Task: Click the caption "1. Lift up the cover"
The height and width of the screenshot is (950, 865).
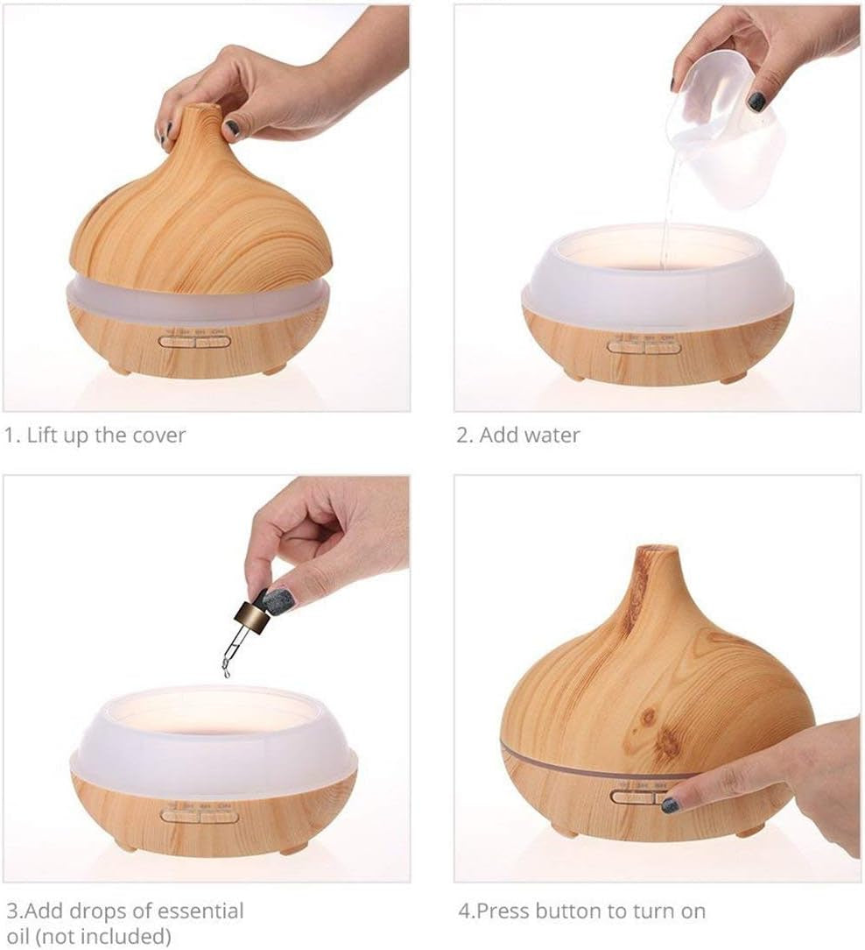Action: (x=95, y=435)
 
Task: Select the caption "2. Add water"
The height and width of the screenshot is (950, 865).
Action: (x=518, y=435)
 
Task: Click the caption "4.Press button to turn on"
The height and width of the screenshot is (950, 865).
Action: (x=582, y=911)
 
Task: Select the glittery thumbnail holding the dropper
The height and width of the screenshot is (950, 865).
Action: (x=278, y=600)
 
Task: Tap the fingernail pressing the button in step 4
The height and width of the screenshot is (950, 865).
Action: (x=671, y=804)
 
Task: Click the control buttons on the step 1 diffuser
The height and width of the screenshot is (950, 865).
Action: (x=194, y=341)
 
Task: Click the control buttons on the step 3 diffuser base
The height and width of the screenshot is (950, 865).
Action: (x=200, y=816)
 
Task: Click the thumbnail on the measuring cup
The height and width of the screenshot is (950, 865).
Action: (x=756, y=101)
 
